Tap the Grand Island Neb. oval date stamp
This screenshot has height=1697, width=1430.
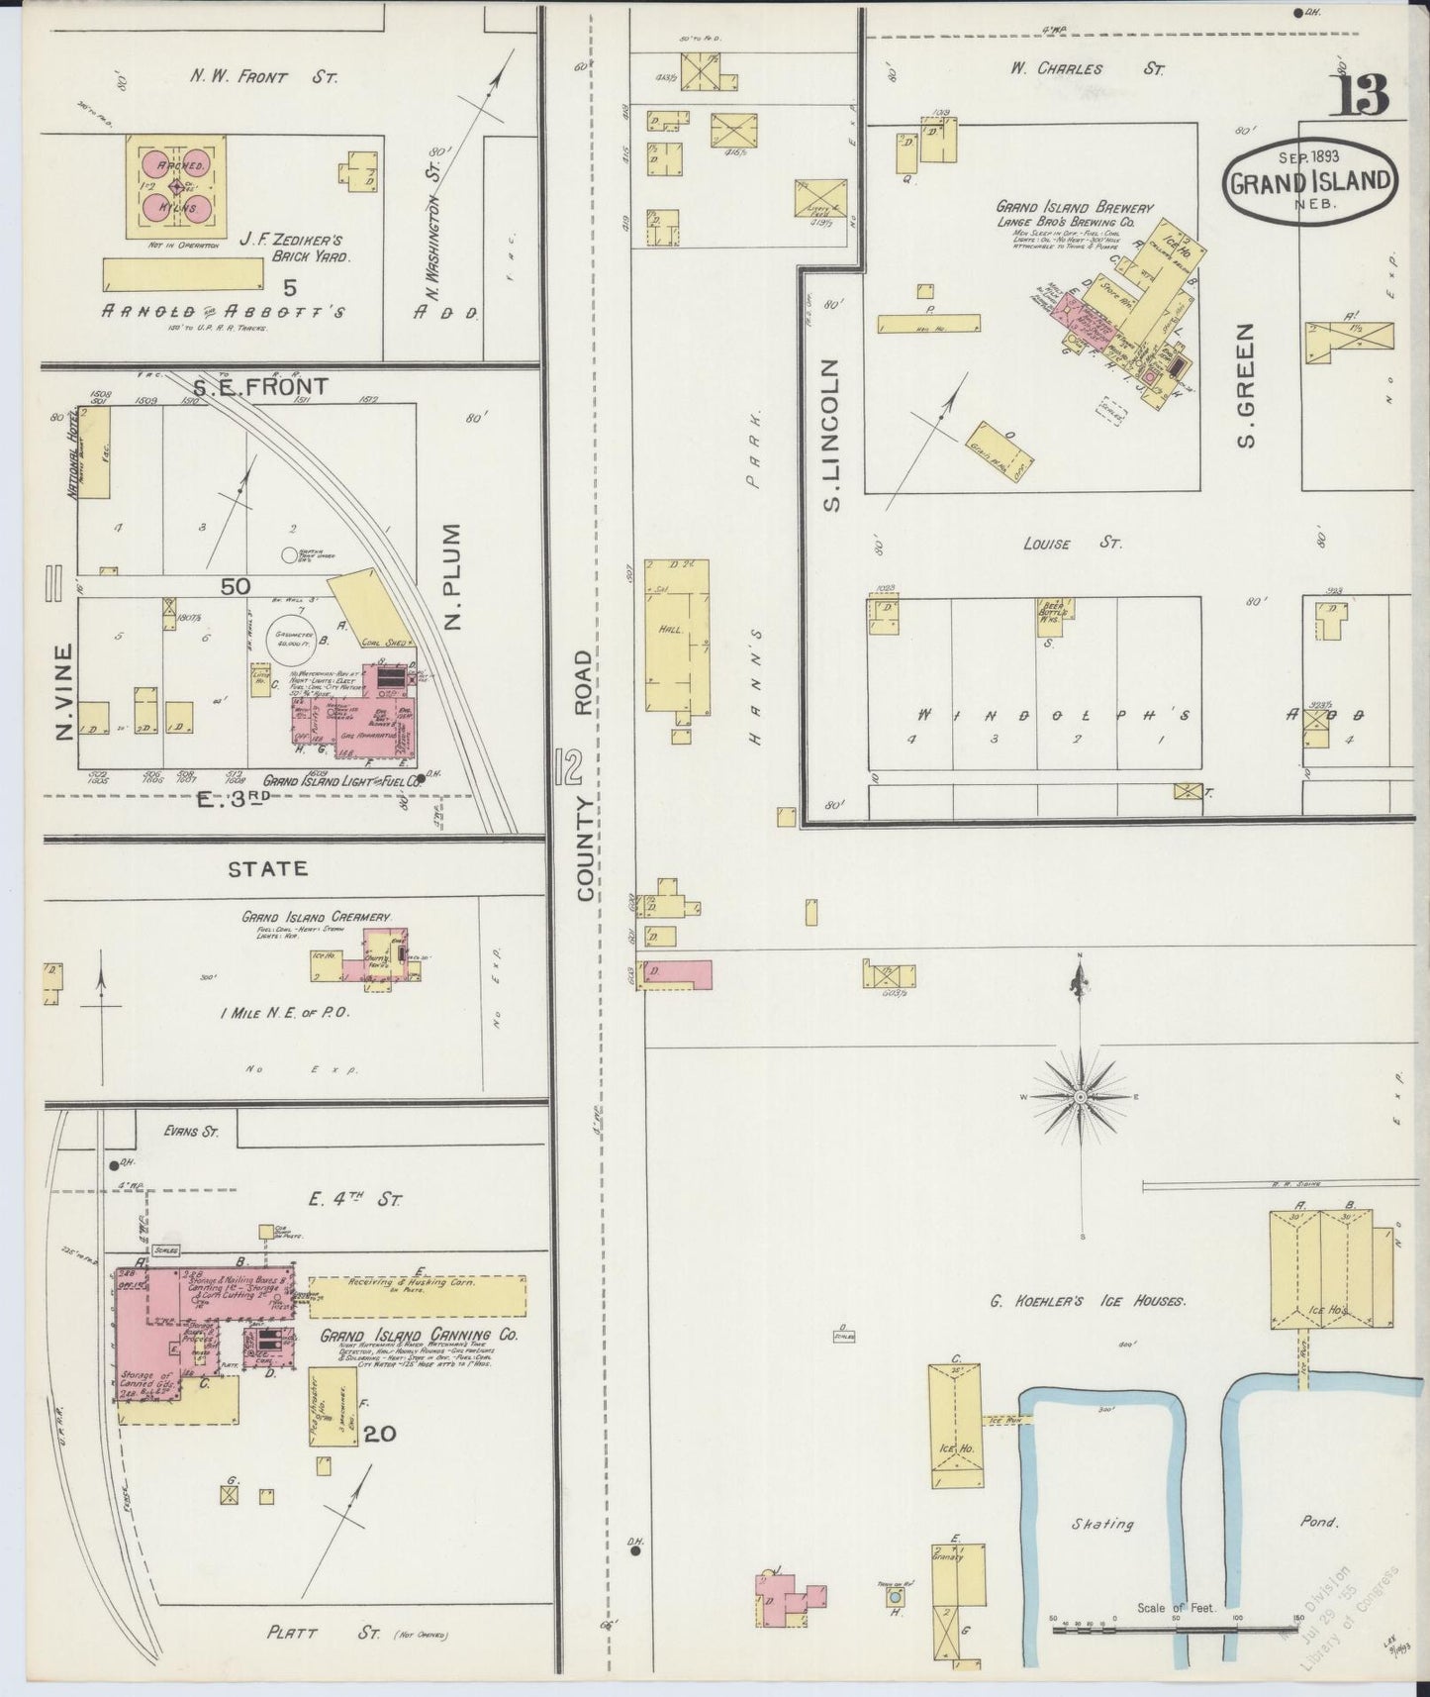(1312, 180)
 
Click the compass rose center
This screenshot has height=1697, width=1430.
(1081, 1097)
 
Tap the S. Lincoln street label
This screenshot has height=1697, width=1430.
(831, 436)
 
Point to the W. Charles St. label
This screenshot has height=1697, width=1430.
(1087, 69)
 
